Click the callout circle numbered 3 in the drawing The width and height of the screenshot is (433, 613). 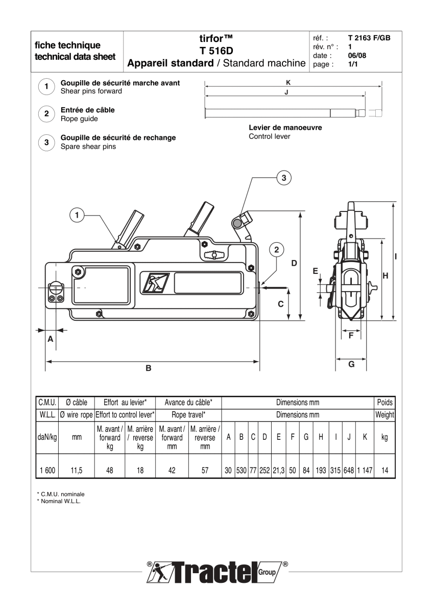[284, 177]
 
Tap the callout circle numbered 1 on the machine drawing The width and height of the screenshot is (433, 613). [77, 216]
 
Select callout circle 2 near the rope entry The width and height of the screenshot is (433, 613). [276, 249]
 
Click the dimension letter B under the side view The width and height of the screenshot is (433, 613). [149, 367]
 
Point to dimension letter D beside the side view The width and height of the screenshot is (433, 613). [294, 263]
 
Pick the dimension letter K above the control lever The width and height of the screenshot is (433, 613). [289, 82]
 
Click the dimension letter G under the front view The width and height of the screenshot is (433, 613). [351, 364]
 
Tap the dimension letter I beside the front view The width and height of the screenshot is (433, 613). [396, 256]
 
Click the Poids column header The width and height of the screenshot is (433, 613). [384, 403]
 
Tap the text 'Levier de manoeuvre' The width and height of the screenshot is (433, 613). [285, 128]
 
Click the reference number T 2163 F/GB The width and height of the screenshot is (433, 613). [369, 38]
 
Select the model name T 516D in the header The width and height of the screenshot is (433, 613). [215, 51]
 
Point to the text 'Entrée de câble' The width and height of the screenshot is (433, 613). [87, 110]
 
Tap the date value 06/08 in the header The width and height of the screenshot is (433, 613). [356, 56]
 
